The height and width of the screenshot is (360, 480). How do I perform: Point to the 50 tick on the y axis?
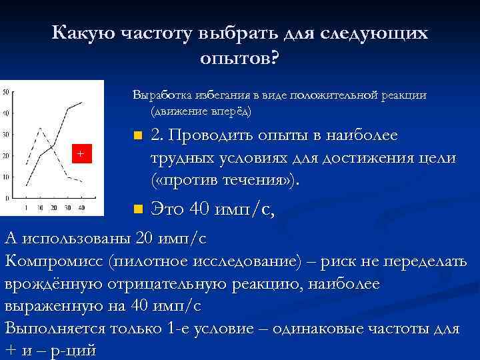coord(5,92)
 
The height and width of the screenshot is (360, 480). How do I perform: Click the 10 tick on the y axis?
coord(5,177)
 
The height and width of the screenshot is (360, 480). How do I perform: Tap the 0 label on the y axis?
coord(7,198)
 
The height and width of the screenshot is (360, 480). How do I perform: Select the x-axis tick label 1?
coord(26,208)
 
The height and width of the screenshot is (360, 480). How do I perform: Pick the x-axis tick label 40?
coord(81,208)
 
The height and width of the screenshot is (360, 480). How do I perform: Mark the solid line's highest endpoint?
coord(82,102)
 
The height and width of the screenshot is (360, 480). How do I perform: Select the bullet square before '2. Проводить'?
coord(137,137)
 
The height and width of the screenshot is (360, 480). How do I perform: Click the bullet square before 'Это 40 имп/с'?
coord(137,210)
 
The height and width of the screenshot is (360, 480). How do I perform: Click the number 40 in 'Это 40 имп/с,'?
coord(200,209)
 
